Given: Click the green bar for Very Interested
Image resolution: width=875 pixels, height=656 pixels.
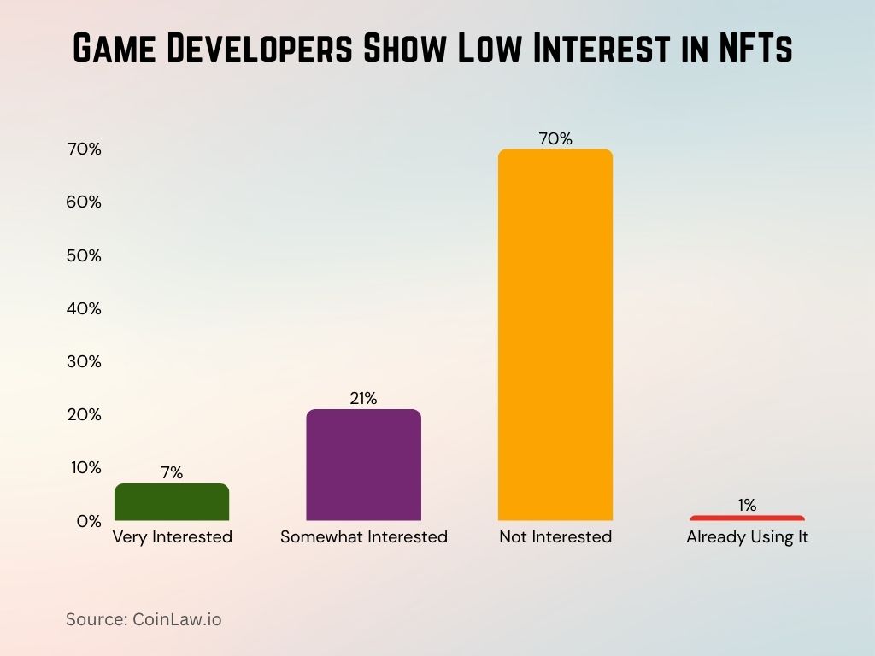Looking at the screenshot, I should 172,502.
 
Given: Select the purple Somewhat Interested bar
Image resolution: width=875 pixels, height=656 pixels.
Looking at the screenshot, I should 364,466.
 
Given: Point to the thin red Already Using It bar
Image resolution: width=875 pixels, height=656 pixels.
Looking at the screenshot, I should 747,518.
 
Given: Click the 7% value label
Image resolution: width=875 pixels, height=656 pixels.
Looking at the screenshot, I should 172,472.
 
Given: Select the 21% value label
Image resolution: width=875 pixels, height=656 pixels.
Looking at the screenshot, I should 363,398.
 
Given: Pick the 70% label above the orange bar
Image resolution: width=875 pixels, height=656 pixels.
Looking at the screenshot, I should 555,138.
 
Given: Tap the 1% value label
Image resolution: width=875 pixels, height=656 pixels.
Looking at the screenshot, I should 748,505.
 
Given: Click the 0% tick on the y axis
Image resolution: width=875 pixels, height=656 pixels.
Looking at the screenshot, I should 89,521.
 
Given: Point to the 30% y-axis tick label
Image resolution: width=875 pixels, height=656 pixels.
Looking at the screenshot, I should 85,361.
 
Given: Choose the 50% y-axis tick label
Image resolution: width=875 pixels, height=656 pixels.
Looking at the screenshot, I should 85,255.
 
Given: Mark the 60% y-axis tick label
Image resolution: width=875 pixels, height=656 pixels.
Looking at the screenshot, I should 85,202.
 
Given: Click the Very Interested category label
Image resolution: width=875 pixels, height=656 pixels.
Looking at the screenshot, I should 173,537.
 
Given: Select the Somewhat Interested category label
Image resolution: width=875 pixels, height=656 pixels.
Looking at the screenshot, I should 364,537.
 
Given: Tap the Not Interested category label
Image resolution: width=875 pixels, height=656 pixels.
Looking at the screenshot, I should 555,537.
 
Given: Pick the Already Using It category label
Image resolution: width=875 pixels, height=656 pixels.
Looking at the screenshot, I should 748,537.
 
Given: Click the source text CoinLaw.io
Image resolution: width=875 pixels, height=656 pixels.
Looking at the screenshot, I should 177,619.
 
